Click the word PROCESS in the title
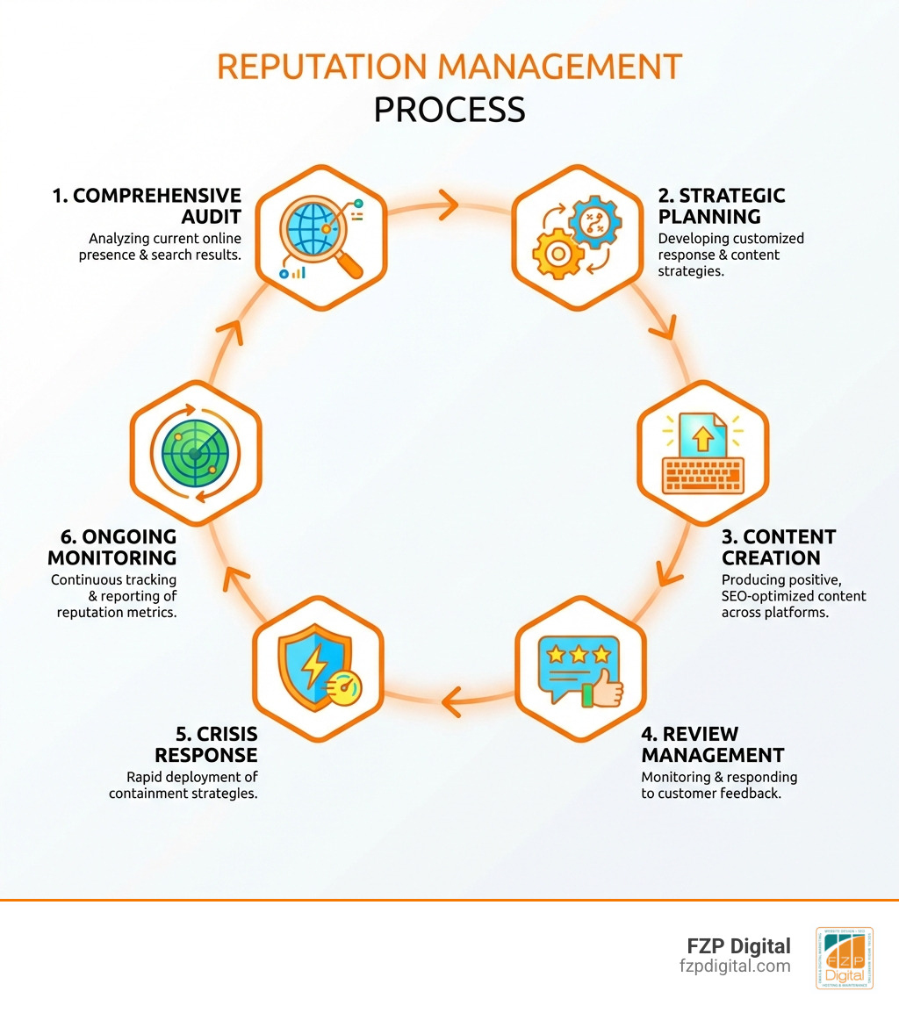click(x=449, y=110)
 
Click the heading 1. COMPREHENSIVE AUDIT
click(x=146, y=205)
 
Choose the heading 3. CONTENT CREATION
click(x=778, y=547)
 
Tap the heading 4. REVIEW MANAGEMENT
click(x=712, y=744)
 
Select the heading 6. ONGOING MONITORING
click(x=112, y=547)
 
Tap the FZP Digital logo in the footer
click(x=844, y=958)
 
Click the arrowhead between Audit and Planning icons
click(x=448, y=208)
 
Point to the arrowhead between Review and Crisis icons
click(x=449, y=700)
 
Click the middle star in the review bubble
click(x=578, y=655)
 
